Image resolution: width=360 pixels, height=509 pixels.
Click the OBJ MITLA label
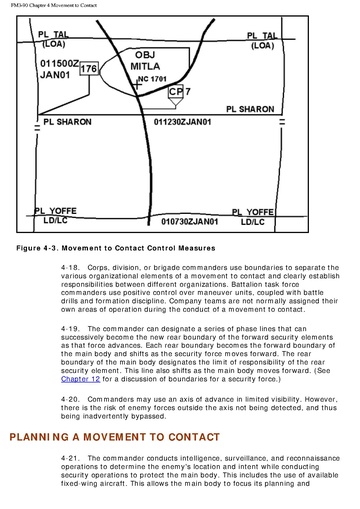[145, 61]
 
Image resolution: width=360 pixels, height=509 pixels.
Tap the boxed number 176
[89, 69]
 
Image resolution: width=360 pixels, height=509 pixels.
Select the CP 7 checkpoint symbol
[176, 96]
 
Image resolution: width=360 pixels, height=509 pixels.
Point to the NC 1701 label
[152, 79]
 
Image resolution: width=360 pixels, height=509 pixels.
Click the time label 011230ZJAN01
[182, 122]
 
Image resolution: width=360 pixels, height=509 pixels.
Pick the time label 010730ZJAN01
[190, 222]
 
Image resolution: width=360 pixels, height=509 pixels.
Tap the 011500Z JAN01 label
[60, 69]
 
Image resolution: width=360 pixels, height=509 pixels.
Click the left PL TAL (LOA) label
[54, 39]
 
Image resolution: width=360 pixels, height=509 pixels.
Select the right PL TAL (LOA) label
[262, 41]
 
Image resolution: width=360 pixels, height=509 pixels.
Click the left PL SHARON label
[67, 122]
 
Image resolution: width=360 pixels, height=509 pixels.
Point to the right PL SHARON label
[250, 109]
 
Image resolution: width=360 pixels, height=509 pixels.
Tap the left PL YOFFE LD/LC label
[56, 215]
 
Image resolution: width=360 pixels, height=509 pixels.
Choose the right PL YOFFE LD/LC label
[253, 217]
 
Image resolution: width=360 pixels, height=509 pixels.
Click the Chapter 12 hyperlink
[80, 379]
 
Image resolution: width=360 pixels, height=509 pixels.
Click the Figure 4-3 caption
[116, 248]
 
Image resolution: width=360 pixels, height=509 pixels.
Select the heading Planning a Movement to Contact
[115, 437]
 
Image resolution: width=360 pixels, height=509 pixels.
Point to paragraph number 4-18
[70, 268]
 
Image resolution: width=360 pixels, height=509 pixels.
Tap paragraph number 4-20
[70, 399]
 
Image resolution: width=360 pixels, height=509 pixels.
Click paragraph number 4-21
[70, 458]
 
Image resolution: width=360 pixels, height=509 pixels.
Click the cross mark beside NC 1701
[137, 85]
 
